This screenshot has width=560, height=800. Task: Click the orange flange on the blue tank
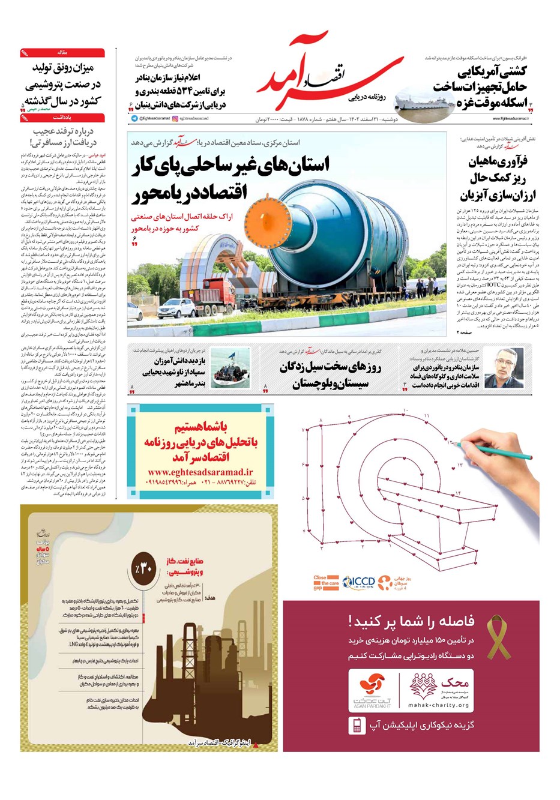(x=263, y=220)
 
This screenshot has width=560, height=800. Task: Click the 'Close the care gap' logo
(x=327, y=582)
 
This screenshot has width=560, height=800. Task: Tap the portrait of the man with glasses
(x=500, y=367)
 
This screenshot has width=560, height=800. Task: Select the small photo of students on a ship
(x=230, y=368)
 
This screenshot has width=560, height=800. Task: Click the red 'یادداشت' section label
(x=62, y=118)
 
